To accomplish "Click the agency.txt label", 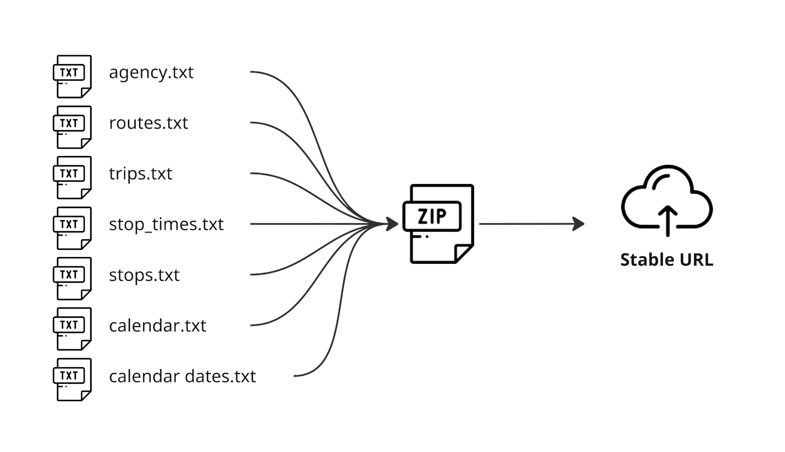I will tap(151, 73).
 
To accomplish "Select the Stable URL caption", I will tap(667, 260).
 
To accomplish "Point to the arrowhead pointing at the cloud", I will tap(579, 224).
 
